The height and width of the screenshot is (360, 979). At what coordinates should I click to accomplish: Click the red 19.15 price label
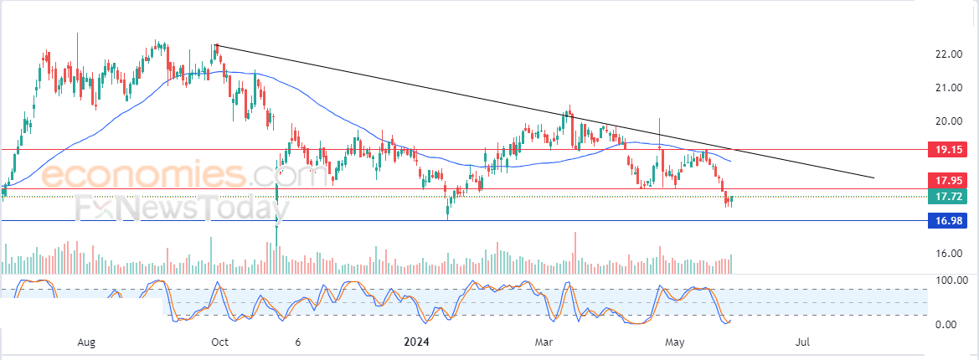point(947,150)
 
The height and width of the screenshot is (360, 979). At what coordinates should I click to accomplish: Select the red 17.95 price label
point(947,181)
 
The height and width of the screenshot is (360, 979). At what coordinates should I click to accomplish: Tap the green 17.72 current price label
point(947,197)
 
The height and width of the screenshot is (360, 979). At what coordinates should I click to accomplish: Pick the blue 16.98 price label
point(947,220)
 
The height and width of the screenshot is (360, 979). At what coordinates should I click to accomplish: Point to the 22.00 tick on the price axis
point(947,55)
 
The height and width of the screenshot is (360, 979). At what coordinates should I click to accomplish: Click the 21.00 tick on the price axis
point(947,88)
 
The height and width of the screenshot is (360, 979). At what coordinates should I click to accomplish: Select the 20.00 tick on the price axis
point(947,121)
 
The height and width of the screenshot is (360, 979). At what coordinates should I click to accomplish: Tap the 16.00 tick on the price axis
point(947,254)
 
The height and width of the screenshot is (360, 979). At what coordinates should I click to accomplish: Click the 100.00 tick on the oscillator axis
point(950,280)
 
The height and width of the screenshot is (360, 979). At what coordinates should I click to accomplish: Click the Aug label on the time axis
point(86,342)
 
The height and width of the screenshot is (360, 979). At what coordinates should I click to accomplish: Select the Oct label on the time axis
point(219,342)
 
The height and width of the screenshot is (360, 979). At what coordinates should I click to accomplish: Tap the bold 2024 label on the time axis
point(415,342)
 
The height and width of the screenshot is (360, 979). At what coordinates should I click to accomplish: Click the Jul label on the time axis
point(804,342)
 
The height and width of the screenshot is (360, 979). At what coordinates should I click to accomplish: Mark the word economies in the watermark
point(143,174)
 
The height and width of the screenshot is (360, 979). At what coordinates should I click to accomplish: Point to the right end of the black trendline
point(874,178)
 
